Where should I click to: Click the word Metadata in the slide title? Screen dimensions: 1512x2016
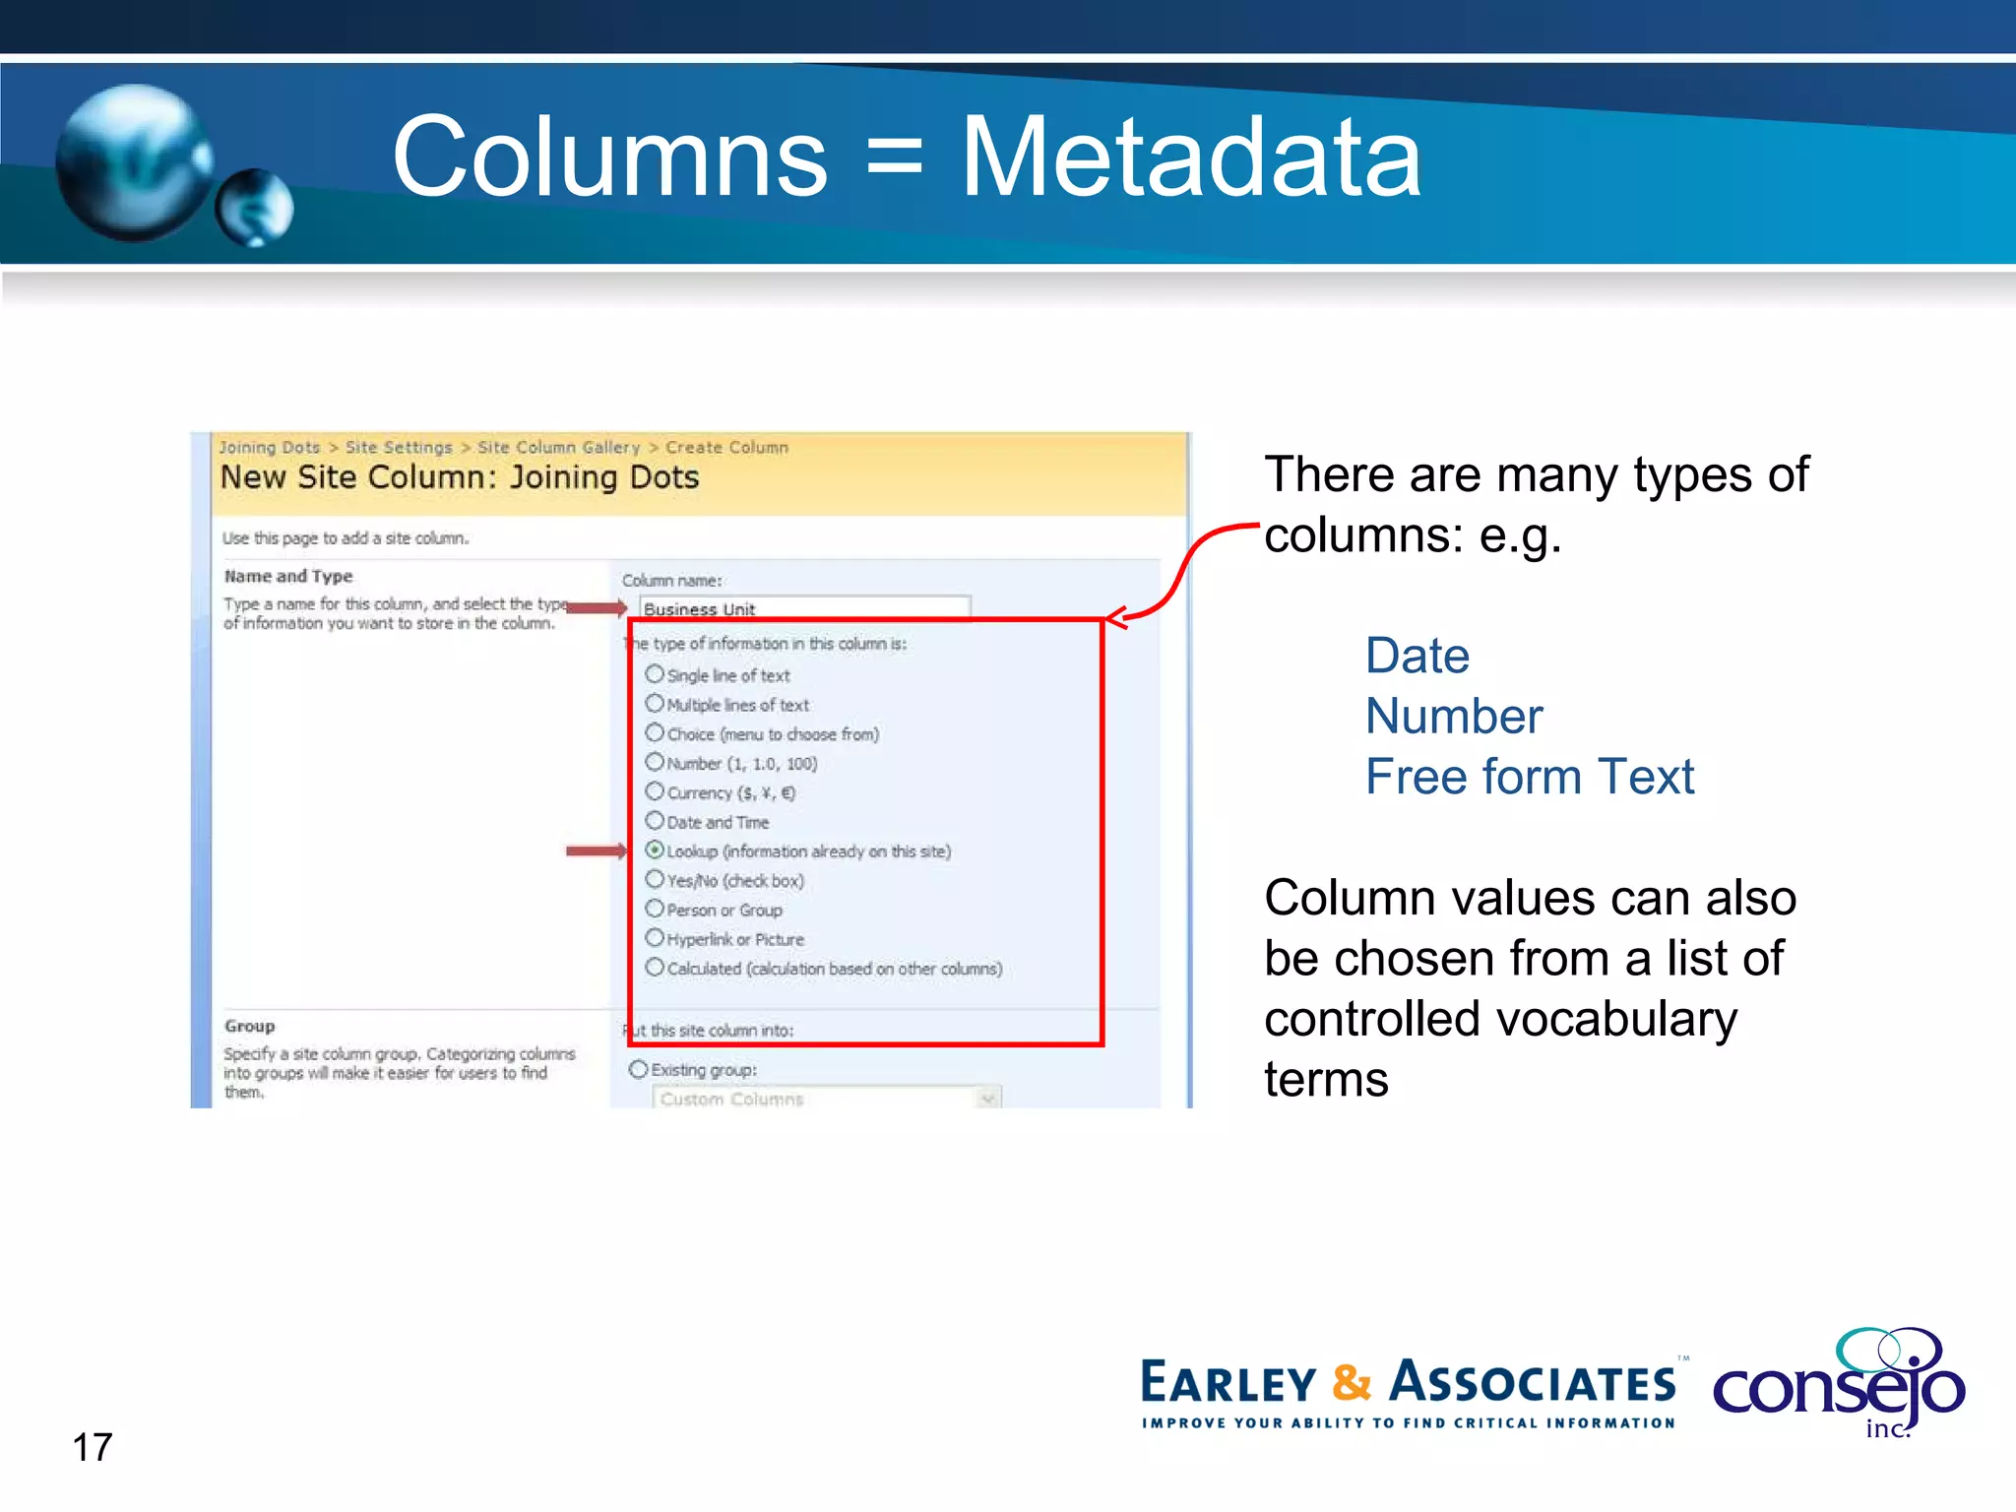1191,157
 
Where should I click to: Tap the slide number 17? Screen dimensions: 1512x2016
93,1447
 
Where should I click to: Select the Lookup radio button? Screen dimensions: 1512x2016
655,850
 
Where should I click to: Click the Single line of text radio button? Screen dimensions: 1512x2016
655,674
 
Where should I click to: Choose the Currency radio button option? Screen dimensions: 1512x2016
655,791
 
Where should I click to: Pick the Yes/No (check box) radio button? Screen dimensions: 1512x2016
655,879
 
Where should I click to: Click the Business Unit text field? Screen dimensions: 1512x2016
803,608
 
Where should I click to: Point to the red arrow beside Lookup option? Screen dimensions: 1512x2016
596,850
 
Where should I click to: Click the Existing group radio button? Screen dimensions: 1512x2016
639,1069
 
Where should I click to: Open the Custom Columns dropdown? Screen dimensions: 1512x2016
987,1098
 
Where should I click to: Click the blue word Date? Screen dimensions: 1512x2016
1417,656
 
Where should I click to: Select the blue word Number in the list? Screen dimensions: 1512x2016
1454,716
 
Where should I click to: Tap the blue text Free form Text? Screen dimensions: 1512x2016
1530,777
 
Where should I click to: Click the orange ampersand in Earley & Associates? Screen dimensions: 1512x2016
1352,1382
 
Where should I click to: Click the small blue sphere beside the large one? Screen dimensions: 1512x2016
254,207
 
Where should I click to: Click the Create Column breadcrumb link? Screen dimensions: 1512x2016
726,447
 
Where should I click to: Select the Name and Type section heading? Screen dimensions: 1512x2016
287,576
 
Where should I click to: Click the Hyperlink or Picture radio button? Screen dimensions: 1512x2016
655,937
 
